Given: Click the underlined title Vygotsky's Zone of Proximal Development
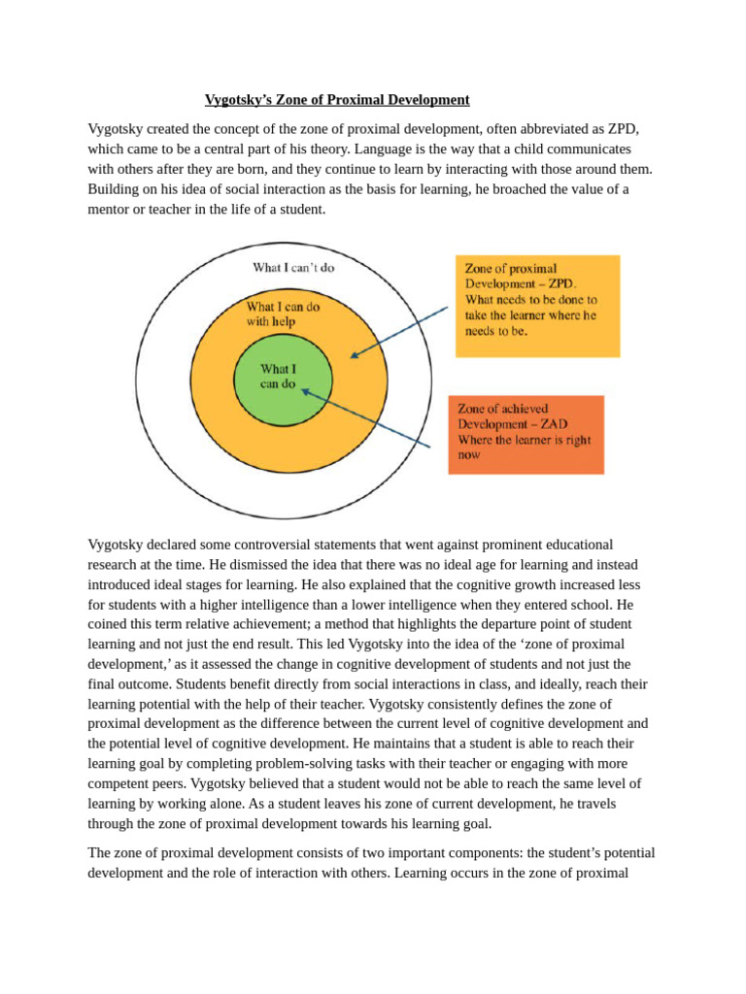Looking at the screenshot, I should pyautogui.click(x=337, y=100).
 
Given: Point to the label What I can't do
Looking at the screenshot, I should pyautogui.click(x=293, y=267).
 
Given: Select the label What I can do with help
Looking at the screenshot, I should pyautogui.click(x=283, y=314).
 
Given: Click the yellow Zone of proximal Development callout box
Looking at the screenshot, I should pyautogui.click(x=537, y=306).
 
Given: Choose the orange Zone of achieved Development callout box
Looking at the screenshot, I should pyautogui.click(x=526, y=434).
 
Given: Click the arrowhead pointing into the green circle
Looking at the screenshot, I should pyautogui.click(x=304, y=391).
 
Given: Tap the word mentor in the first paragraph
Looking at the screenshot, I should pyautogui.click(x=109, y=209).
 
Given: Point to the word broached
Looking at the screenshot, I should pyautogui.click(x=509, y=189).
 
